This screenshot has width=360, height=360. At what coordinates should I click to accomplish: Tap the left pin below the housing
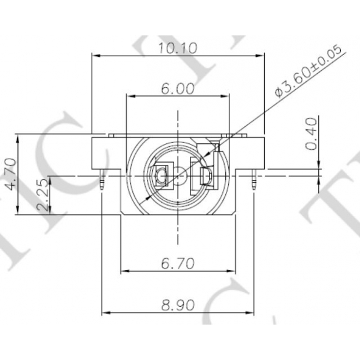coord(102,182)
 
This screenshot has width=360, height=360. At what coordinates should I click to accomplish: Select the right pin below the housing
coord(254,182)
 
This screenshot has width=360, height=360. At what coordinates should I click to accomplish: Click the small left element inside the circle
coord(161,175)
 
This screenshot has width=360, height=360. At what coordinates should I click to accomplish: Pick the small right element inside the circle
coord(206,176)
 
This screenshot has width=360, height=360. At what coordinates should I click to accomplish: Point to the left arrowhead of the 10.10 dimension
coord(96,56)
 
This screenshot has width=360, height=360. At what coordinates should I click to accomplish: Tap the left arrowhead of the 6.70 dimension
coord(124,271)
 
